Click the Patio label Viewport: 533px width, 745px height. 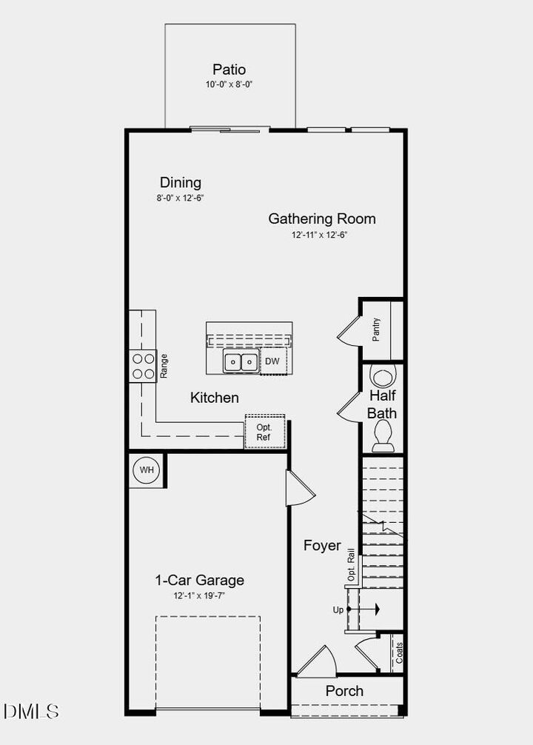pos(229,70)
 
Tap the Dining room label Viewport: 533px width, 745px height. pos(181,182)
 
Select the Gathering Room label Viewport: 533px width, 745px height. pos(322,218)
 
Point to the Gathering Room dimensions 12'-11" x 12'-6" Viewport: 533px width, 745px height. pos(319,235)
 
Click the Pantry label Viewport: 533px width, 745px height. pos(377,329)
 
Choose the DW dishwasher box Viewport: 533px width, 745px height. pos(272,361)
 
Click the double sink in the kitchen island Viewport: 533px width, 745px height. pos(241,362)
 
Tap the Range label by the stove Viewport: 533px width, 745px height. pos(164,367)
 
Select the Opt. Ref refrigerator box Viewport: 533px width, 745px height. pos(264,432)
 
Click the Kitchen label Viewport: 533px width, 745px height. pos(215,398)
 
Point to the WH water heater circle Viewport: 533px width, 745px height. pos(147,470)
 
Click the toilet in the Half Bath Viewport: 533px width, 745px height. pos(383,434)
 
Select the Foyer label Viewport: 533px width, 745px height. pos(323,546)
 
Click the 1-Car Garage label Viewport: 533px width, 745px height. pos(199,580)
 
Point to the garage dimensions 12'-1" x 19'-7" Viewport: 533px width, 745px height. pos(198,595)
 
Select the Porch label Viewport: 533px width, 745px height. pos(345,691)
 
